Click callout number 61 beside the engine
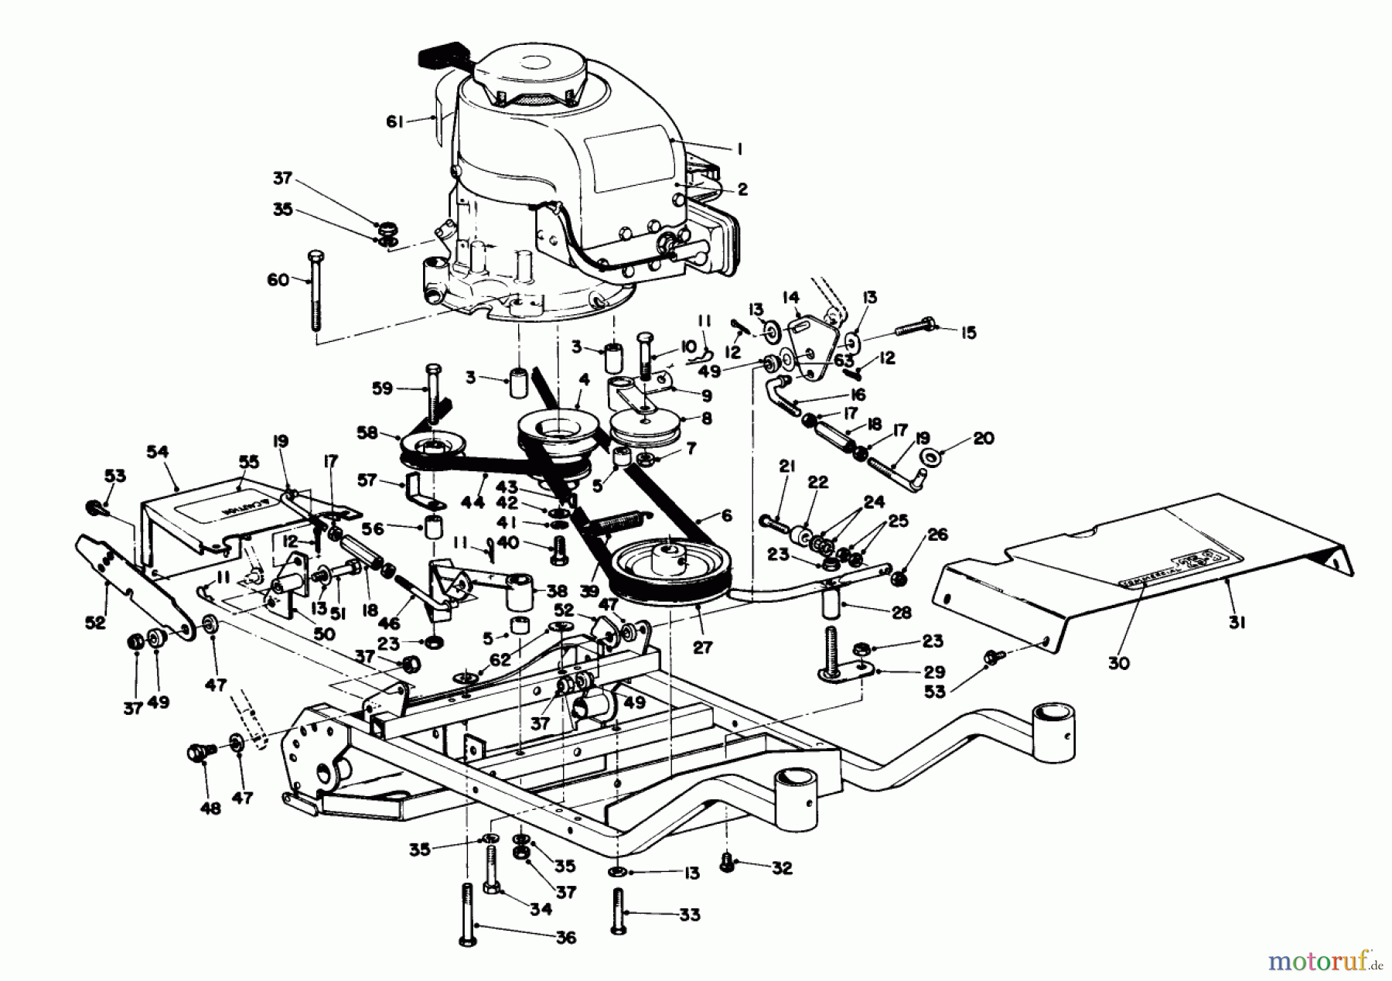pos(396,122)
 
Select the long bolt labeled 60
pos(315,290)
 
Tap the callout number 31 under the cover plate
pos(1237,621)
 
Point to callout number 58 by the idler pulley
pos(368,432)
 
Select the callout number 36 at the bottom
pos(566,938)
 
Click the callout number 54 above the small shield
pos(157,449)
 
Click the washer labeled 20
pos(934,458)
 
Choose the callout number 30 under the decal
pos(1119,663)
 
